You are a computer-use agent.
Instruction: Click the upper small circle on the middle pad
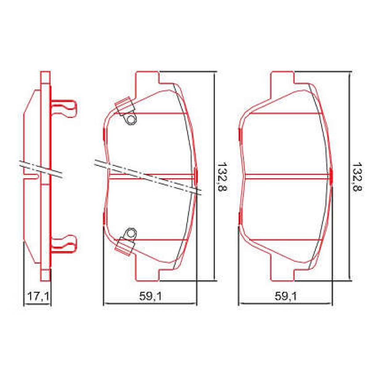[x=131, y=120]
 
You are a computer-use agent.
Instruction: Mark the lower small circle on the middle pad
[x=131, y=233]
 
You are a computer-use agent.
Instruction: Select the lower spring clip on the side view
[x=63, y=244]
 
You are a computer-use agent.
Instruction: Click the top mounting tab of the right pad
[x=282, y=78]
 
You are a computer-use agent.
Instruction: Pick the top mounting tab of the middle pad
[x=147, y=78]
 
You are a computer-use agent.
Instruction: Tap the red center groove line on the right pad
[x=286, y=176]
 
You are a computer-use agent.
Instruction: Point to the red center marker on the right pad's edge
[x=331, y=176]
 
